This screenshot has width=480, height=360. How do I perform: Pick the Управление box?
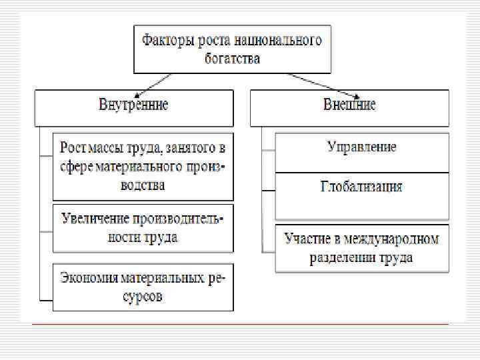(362, 147)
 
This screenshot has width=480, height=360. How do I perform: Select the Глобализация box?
(362, 186)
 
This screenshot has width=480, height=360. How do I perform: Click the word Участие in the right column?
(306, 238)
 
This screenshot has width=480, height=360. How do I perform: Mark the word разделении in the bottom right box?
(342, 257)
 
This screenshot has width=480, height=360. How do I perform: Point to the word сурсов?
(143, 297)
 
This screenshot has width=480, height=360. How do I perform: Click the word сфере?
(77, 165)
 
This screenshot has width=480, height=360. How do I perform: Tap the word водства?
(143, 185)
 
